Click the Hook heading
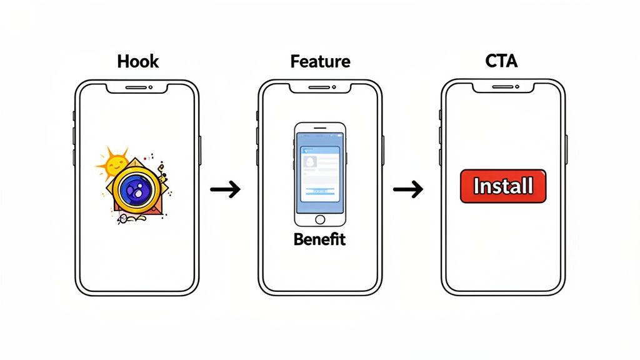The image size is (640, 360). pos(137,61)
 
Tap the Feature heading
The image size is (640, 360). pos(320,61)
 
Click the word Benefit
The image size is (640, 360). pos(319,239)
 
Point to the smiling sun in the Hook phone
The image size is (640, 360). pos(114,165)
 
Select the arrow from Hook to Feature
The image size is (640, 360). pos(225,189)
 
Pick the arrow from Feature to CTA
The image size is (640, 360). pos(407,189)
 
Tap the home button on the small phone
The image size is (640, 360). pos(320,219)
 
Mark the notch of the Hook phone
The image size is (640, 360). pos(137,87)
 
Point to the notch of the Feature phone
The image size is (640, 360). pos(320,87)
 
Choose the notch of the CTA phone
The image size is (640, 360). pos(503,87)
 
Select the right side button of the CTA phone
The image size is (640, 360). pos(567,150)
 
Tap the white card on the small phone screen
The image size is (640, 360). pos(320,172)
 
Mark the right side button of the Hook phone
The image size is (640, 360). pos(201,150)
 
